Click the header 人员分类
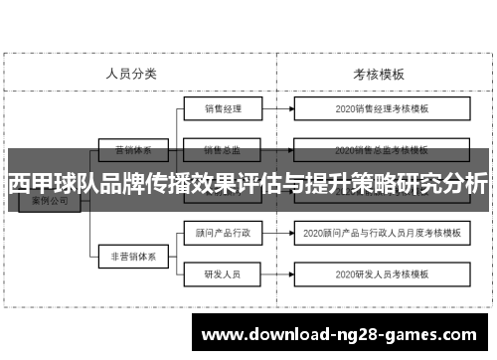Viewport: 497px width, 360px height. [x=131, y=73]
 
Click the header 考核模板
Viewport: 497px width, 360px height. [x=378, y=73]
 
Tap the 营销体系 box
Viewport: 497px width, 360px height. [x=132, y=151]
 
